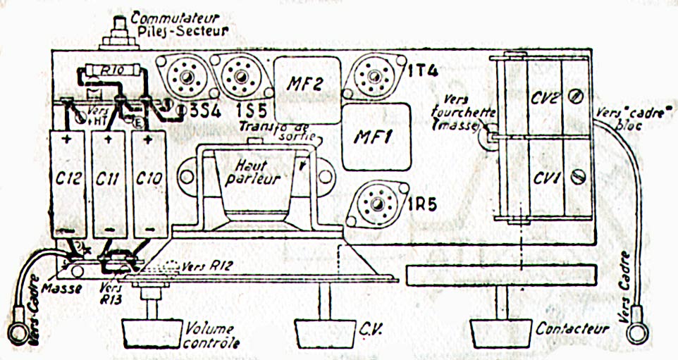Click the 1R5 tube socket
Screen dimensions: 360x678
coord(378,204)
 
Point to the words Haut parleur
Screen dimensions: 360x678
coord(252,171)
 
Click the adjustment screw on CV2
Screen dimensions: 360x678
coord(575,98)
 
